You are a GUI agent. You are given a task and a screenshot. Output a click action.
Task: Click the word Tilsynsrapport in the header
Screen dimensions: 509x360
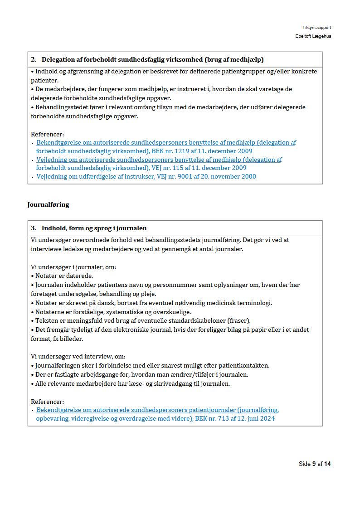tap(316, 28)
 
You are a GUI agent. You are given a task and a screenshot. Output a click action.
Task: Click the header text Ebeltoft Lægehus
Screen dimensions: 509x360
tap(313, 36)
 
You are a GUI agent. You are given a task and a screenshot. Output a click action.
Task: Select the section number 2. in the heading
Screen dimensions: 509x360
tap(34, 59)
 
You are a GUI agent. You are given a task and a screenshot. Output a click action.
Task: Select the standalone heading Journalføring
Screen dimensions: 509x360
tap(48, 204)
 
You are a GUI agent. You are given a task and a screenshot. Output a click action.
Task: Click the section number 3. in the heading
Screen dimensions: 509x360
tap(34, 228)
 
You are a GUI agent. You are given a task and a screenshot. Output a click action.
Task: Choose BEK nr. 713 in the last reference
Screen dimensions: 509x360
tap(212, 418)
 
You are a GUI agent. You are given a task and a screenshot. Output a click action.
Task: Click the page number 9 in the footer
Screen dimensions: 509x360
tap(314, 464)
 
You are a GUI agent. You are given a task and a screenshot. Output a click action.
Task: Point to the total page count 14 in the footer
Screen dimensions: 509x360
tap(327, 464)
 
